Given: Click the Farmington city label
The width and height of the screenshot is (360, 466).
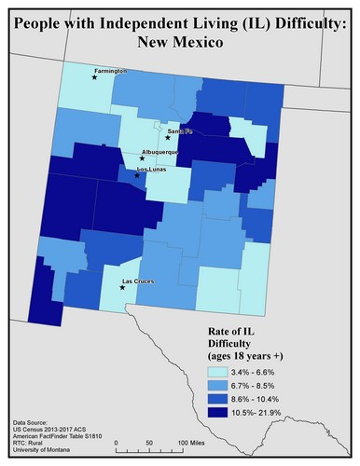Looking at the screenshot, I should tap(109, 70).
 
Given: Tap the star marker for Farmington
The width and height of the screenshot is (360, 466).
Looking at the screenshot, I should tap(94, 78).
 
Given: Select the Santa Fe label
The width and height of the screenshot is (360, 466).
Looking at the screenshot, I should tap(179, 130).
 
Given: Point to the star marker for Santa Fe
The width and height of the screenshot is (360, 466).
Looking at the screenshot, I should tap(168, 138).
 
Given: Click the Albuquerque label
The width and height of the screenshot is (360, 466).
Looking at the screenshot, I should tap(159, 151).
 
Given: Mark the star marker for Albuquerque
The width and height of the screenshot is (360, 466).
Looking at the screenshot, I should tap(142, 158).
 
